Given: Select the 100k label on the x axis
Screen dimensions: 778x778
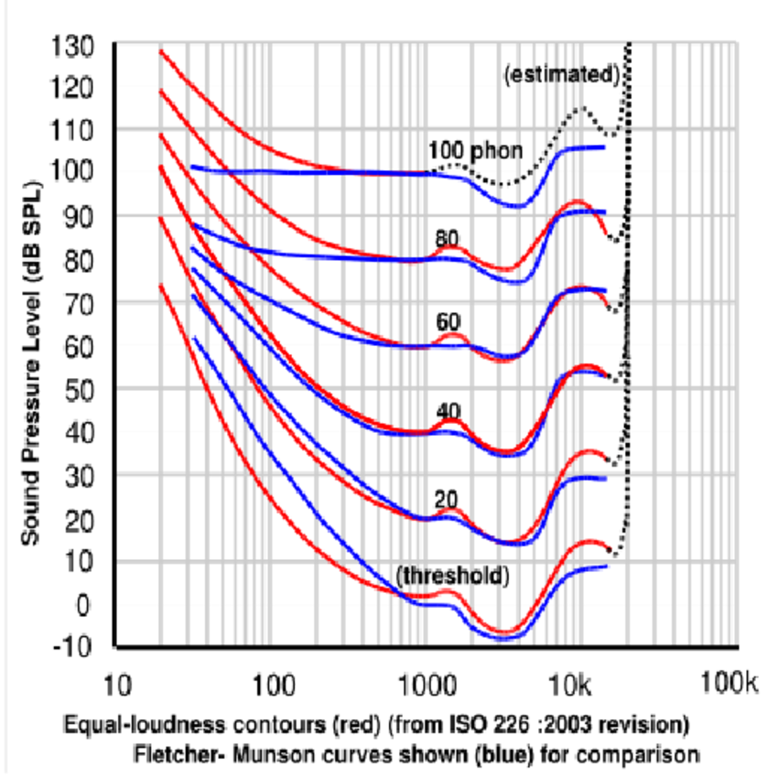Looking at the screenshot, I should pos(729,683).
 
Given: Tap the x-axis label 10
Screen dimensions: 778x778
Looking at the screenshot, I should pos(114,683).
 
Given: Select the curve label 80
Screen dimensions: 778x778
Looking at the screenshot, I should pos(447,239).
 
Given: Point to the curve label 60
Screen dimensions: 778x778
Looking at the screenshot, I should pos(447,321).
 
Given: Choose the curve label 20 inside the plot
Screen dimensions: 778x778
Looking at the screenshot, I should pos(447,500).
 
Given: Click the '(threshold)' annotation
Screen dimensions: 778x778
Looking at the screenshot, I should pos(451,576).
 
